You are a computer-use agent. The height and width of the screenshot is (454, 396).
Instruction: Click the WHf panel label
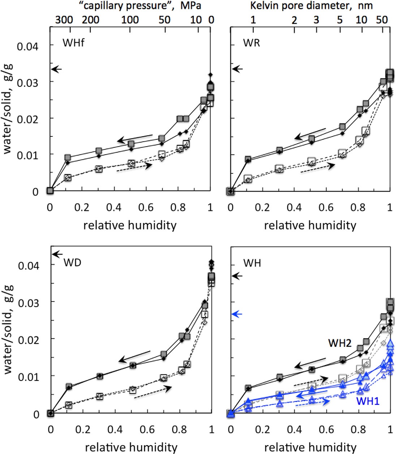pos(73,42)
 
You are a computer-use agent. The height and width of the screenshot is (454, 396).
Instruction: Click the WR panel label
pos(251,42)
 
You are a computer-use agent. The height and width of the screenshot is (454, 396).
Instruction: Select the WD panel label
pos(72,262)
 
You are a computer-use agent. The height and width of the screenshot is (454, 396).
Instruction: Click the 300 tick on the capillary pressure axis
pos(64,19)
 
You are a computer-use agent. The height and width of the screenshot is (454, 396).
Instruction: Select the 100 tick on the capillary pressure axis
pos(130,19)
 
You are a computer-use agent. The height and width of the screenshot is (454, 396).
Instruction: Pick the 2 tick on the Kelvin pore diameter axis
pos(294,20)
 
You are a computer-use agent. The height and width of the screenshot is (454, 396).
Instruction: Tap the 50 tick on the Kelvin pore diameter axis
pos(382,19)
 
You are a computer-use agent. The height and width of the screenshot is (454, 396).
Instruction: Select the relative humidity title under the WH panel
pos(310,447)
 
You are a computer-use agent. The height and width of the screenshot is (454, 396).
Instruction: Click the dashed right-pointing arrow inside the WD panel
pos(152,392)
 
